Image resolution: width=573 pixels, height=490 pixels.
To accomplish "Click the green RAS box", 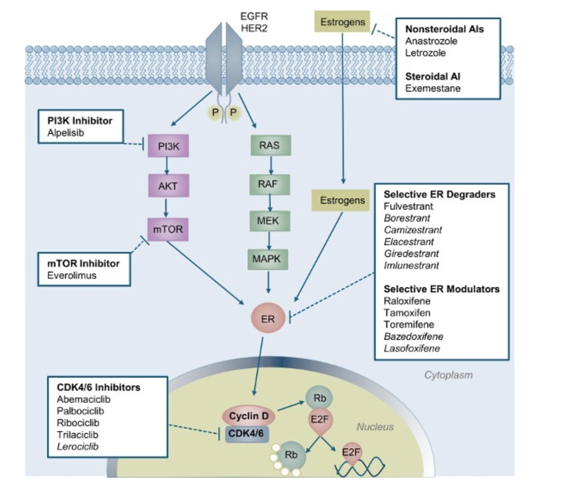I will [269, 145].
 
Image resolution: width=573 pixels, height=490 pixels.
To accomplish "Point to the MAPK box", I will [269, 259].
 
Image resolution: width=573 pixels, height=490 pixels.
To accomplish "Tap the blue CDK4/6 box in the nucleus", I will [246, 433].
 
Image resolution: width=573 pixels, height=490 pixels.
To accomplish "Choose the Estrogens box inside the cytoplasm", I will [342, 200].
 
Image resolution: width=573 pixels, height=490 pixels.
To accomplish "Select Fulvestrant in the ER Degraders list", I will [409, 206].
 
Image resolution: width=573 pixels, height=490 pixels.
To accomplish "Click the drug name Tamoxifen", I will [407, 313].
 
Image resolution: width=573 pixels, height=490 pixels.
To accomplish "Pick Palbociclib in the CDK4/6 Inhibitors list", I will [81, 411].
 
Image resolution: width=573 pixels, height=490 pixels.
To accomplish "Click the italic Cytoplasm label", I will [448, 375].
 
